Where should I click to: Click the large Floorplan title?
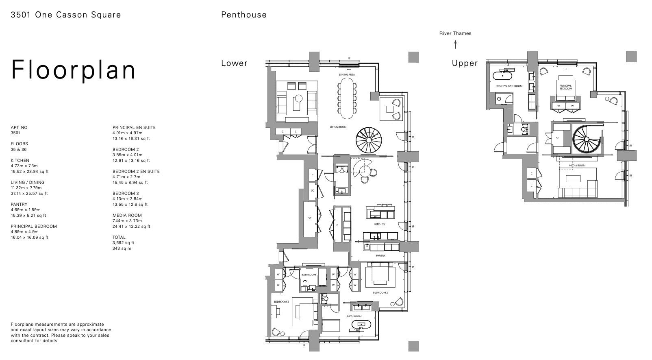[x=73, y=70]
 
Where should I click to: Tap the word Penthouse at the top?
[x=244, y=15]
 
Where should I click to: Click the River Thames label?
[x=455, y=33]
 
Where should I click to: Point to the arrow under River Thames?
[x=455, y=44]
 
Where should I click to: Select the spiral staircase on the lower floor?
[x=369, y=140]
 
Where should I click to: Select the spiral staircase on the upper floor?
[x=586, y=140]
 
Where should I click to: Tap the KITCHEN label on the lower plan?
[x=379, y=224]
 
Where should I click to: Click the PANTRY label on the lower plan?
[x=380, y=255]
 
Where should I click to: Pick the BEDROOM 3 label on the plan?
[x=281, y=301]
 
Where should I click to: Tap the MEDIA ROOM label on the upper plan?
[x=577, y=166]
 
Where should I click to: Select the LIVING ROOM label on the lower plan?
[x=338, y=127]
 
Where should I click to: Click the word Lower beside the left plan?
[x=234, y=63]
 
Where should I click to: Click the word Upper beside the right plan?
[x=465, y=63]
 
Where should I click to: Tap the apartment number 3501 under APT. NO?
[x=15, y=133]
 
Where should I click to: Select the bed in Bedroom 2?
[x=380, y=275]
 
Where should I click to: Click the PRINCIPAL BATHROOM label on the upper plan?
[x=509, y=86]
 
